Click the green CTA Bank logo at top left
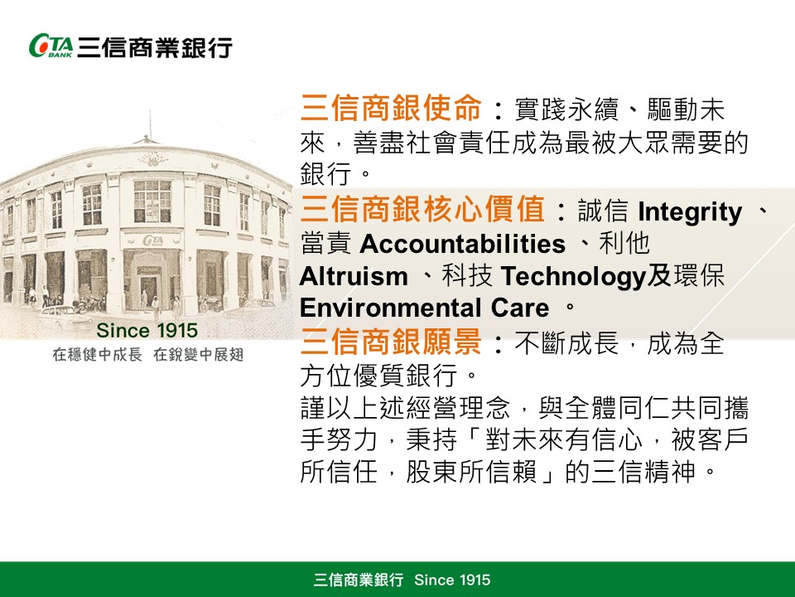(x=51, y=46)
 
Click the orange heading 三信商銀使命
(x=390, y=108)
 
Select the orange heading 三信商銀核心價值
(x=422, y=209)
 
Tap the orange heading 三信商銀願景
(x=390, y=341)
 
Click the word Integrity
(x=690, y=212)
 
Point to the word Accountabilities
(x=462, y=244)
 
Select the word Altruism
(x=354, y=277)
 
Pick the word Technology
(x=573, y=278)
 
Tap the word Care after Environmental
(x=520, y=308)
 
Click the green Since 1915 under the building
(x=147, y=331)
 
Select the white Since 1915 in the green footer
(x=452, y=580)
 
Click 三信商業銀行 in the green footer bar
(x=359, y=580)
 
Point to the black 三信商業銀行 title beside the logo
(x=155, y=47)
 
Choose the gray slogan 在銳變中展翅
(x=198, y=354)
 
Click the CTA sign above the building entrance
(x=152, y=240)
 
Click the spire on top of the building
(x=150, y=124)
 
